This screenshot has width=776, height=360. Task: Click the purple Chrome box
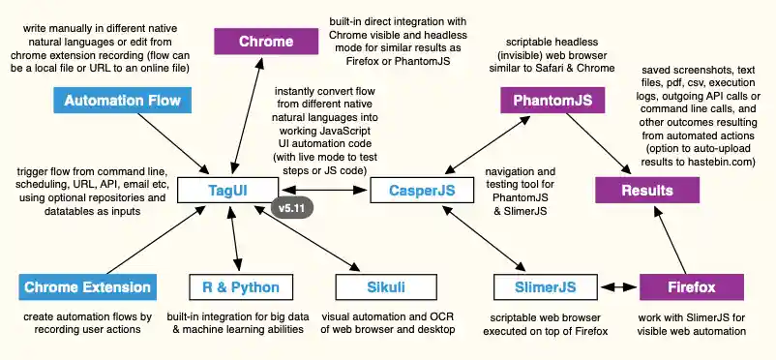pyautogui.click(x=266, y=42)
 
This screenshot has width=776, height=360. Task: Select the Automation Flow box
pyautogui.click(x=122, y=100)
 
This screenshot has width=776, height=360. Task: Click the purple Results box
pyautogui.click(x=647, y=190)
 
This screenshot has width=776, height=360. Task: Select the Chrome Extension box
pyautogui.click(x=87, y=287)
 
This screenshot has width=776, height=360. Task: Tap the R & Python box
pyautogui.click(x=235, y=287)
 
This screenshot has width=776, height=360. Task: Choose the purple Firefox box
pyautogui.click(x=692, y=287)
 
